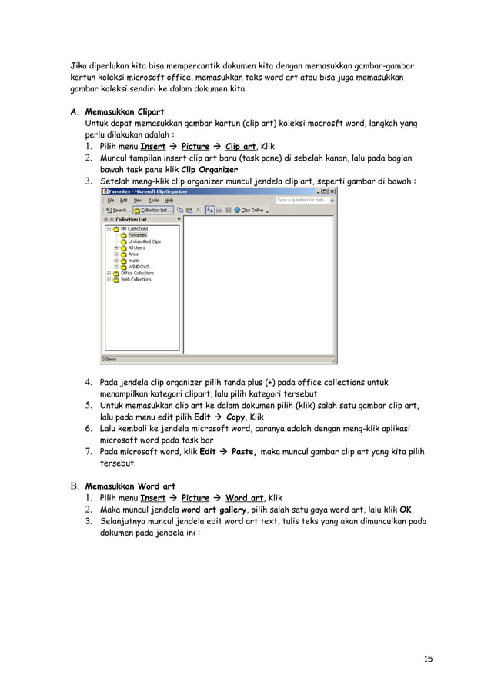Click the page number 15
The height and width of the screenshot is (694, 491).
click(x=428, y=659)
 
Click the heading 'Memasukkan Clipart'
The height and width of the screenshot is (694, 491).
click(x=124, y=111)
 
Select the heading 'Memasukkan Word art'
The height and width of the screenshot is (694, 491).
click(x=130, y=486)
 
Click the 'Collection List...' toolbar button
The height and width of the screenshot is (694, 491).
click(x=152, y=209)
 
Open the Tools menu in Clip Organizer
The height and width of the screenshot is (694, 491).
click(x=154, y=200)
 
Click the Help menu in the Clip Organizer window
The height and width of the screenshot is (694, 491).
click(x=169, y=200)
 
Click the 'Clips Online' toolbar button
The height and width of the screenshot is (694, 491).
click(x=252, y=209)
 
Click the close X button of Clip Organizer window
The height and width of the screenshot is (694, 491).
click(x=333, y=191)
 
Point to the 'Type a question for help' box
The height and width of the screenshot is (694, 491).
click(x=302, y=200)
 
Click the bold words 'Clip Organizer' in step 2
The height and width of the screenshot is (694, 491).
click(x=209, y=170)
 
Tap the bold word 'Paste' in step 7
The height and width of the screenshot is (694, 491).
click(x=244, y=453)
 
